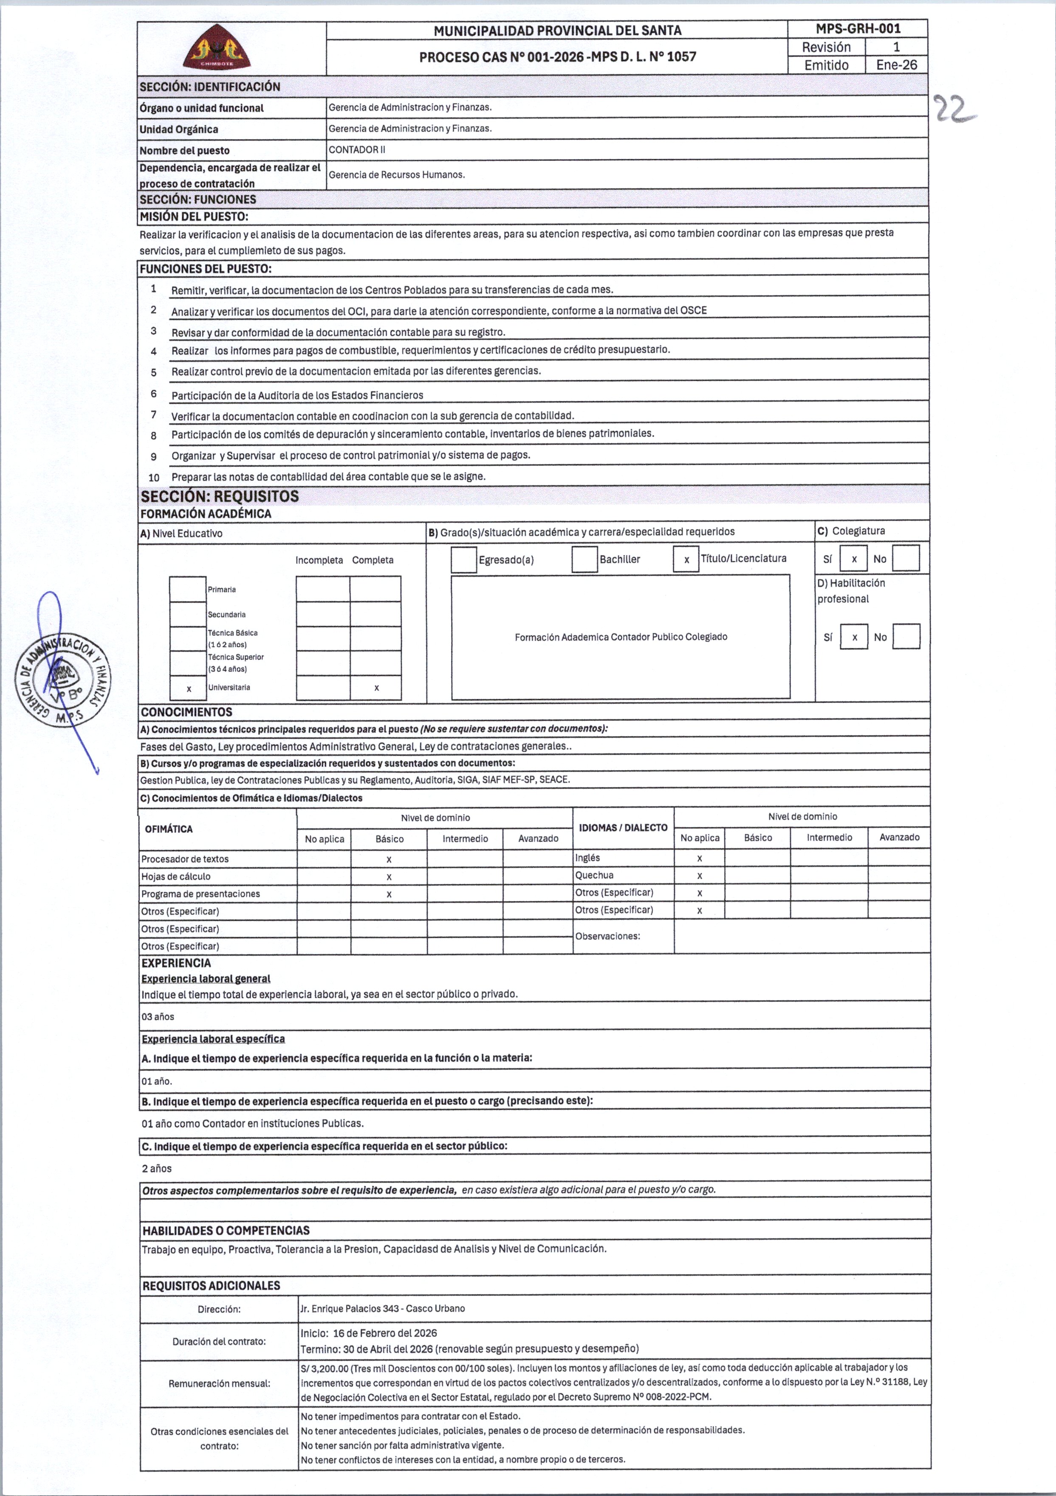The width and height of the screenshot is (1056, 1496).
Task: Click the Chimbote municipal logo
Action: point(217,48)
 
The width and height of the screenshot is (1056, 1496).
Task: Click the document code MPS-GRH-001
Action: point(858,29)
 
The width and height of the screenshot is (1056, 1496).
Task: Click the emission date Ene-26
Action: point(896,65)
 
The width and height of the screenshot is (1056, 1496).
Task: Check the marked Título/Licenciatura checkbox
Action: point(686,560)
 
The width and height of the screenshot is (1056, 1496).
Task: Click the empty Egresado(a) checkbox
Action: point(463,560)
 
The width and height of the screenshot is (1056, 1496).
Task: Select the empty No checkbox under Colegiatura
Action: point(906,558)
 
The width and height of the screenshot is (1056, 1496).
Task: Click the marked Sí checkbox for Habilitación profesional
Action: point(854,637)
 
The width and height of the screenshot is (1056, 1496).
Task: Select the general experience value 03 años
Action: point(158,1016)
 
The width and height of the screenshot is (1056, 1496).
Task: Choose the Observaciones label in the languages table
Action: point(607,936)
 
